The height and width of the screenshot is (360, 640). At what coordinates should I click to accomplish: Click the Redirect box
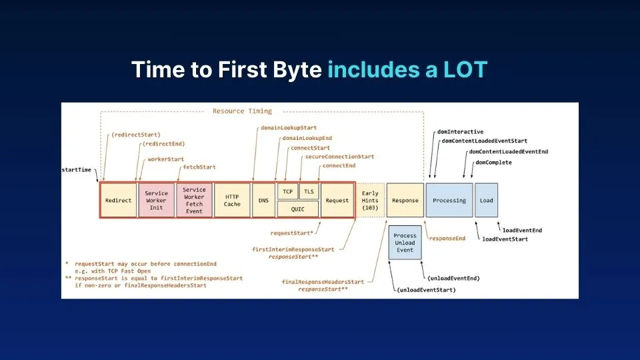coord(118,200)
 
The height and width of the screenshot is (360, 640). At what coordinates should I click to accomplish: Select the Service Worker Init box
coord(157,200)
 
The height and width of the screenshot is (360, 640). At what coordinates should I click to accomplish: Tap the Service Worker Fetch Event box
coord(194,200)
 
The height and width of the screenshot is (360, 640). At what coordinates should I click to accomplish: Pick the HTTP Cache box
coord(232,200)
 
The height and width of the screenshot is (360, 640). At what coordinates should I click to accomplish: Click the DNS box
coord(263,200)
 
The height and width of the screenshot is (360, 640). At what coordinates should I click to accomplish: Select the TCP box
coord(287,191)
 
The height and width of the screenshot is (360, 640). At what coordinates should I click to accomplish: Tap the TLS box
coord(309,191)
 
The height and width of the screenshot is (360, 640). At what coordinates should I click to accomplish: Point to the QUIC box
coord(298,208)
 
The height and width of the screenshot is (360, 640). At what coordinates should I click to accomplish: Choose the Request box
coord(337,200)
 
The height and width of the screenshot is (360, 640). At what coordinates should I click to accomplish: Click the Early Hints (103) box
coord(370,200)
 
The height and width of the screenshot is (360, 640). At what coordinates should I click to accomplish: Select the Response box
coord(405,200)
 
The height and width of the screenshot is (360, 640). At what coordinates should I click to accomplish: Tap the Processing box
coord(449,200)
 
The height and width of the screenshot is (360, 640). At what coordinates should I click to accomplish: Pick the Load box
coord(487,200)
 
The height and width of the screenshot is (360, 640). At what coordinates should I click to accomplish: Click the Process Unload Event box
coord(405,243)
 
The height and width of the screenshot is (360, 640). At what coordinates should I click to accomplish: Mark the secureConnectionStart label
coord(339,157)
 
